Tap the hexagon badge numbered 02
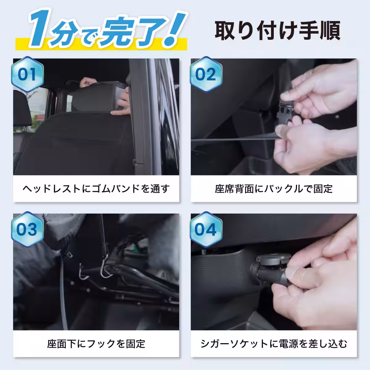[x=206, y=74]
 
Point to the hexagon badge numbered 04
[x=206, y=229]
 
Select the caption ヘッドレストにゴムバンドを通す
[x=96, y=189]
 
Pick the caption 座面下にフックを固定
[x=96, y=344]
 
